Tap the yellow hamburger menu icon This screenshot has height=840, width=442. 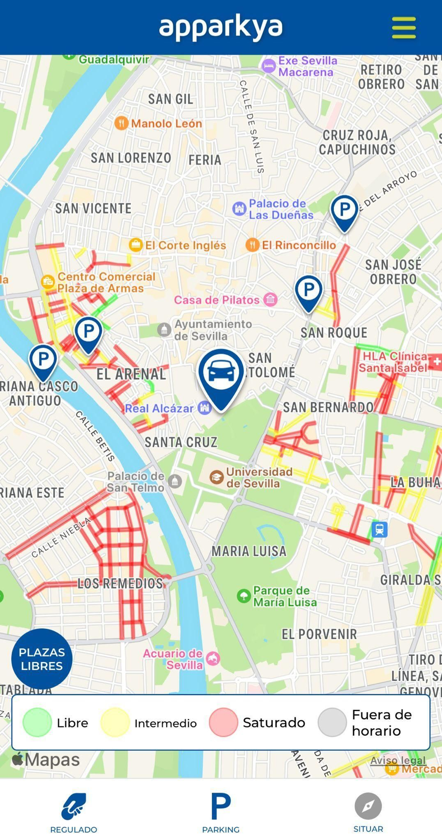(x=404, y=27)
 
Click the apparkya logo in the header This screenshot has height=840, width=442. (x=221, y=27)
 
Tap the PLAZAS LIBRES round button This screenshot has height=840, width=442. (x=42, y=659)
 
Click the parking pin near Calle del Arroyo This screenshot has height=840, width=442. (x=345, y=210)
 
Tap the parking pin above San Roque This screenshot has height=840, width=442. (x=309, y=290)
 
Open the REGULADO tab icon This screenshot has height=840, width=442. (x=74, y=806)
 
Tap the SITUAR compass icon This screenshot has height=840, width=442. (x=368, y=806)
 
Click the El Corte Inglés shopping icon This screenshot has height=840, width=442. (x=135, y=245)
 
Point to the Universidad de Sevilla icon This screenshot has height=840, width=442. (x=216, y=478)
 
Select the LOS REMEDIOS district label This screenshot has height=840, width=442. (x=120, y=583)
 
